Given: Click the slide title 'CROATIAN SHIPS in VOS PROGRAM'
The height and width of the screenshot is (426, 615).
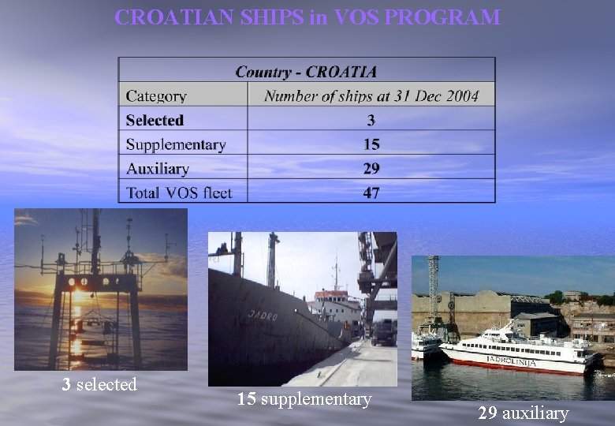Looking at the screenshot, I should point(307,17).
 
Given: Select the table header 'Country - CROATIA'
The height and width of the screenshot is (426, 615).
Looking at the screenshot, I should point(306,71).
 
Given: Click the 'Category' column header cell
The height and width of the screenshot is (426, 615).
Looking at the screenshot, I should point(156,96).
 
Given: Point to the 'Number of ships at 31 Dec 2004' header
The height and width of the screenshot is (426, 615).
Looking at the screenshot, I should point(371,96).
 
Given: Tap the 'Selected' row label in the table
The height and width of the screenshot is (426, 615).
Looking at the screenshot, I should point(155,121).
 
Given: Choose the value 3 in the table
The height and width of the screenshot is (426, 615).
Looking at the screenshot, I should point(371,121).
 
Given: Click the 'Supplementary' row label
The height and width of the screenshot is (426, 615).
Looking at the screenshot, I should point(176,144).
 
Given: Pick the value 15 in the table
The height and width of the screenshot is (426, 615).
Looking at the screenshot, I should point(371,144).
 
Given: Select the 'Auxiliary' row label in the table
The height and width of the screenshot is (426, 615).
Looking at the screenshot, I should point(158,169).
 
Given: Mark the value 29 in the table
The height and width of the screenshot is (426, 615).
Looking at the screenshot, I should point(371,169).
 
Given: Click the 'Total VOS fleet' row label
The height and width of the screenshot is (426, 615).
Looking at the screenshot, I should point(179,192).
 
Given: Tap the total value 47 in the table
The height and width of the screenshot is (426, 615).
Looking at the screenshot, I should point(371,192).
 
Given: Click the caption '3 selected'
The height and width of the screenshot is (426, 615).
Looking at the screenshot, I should point(100,385).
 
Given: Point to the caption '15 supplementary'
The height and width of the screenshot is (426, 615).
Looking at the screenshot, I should point(304,399).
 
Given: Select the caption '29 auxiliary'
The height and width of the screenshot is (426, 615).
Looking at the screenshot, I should point(523,413).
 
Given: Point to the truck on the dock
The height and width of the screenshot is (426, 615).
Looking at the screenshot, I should point(383,332).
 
